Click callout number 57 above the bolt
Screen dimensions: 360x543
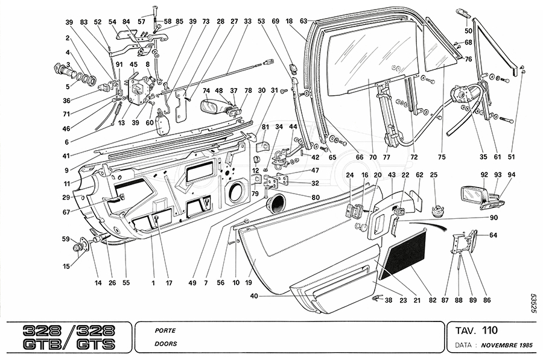(x=142, y=21)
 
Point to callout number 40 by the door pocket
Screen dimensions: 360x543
(x=254, y=295)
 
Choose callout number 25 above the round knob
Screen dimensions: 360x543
(x=433, y=175)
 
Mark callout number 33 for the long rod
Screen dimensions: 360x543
(x=247, y=21)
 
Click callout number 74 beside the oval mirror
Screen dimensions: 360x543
(x=206, y=91)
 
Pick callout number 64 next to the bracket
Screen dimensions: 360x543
(x=494, y=235)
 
